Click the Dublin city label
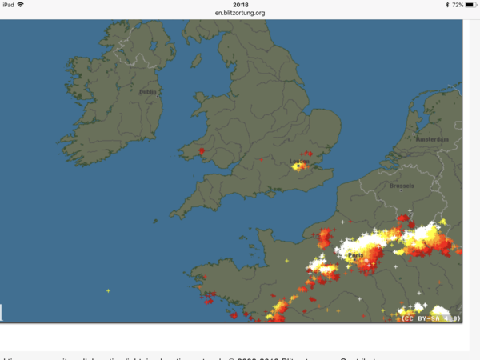(x=148, y=92)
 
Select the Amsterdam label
(x=431, y=139)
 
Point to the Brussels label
(x=402, y=186)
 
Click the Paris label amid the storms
(x=355, y=254)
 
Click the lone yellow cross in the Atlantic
(x=108, y=290)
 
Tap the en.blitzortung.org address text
(x=239, y=13)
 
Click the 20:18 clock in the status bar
(x=239, y=5)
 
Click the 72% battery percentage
(x=456, y=5)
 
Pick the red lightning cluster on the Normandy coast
(x=325, y=238)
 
